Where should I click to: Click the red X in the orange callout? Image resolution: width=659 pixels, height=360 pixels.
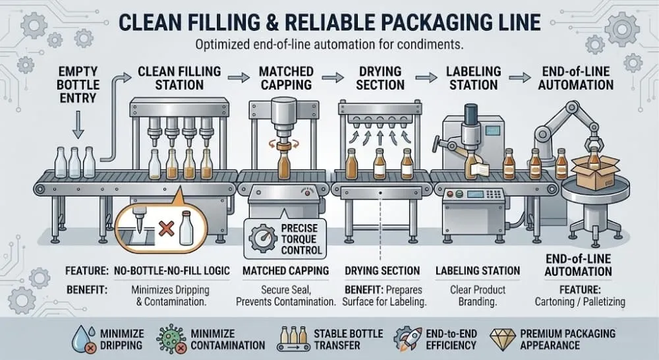[x=167, y=228]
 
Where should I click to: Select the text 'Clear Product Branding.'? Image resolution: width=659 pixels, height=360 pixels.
[x=477, y=295]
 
